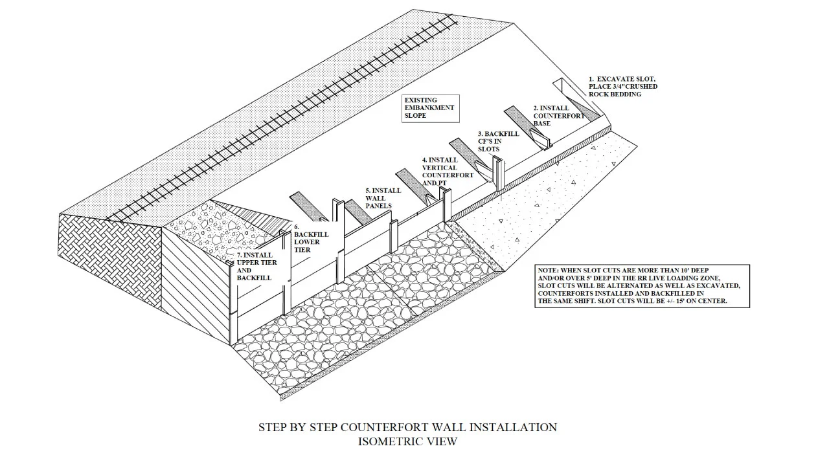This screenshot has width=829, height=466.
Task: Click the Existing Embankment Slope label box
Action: [x=431, y=108]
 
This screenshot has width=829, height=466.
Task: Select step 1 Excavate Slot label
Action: [x=622, y=86]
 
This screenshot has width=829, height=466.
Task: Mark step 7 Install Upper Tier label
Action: [x=253, y=266]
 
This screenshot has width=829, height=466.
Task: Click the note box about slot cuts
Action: [x=642, y=285]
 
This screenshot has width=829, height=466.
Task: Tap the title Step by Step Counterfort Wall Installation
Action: [x=407, y=427]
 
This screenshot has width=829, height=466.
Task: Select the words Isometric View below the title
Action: [x=407, y=441]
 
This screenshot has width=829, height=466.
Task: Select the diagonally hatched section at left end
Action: [x=194, y=285]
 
